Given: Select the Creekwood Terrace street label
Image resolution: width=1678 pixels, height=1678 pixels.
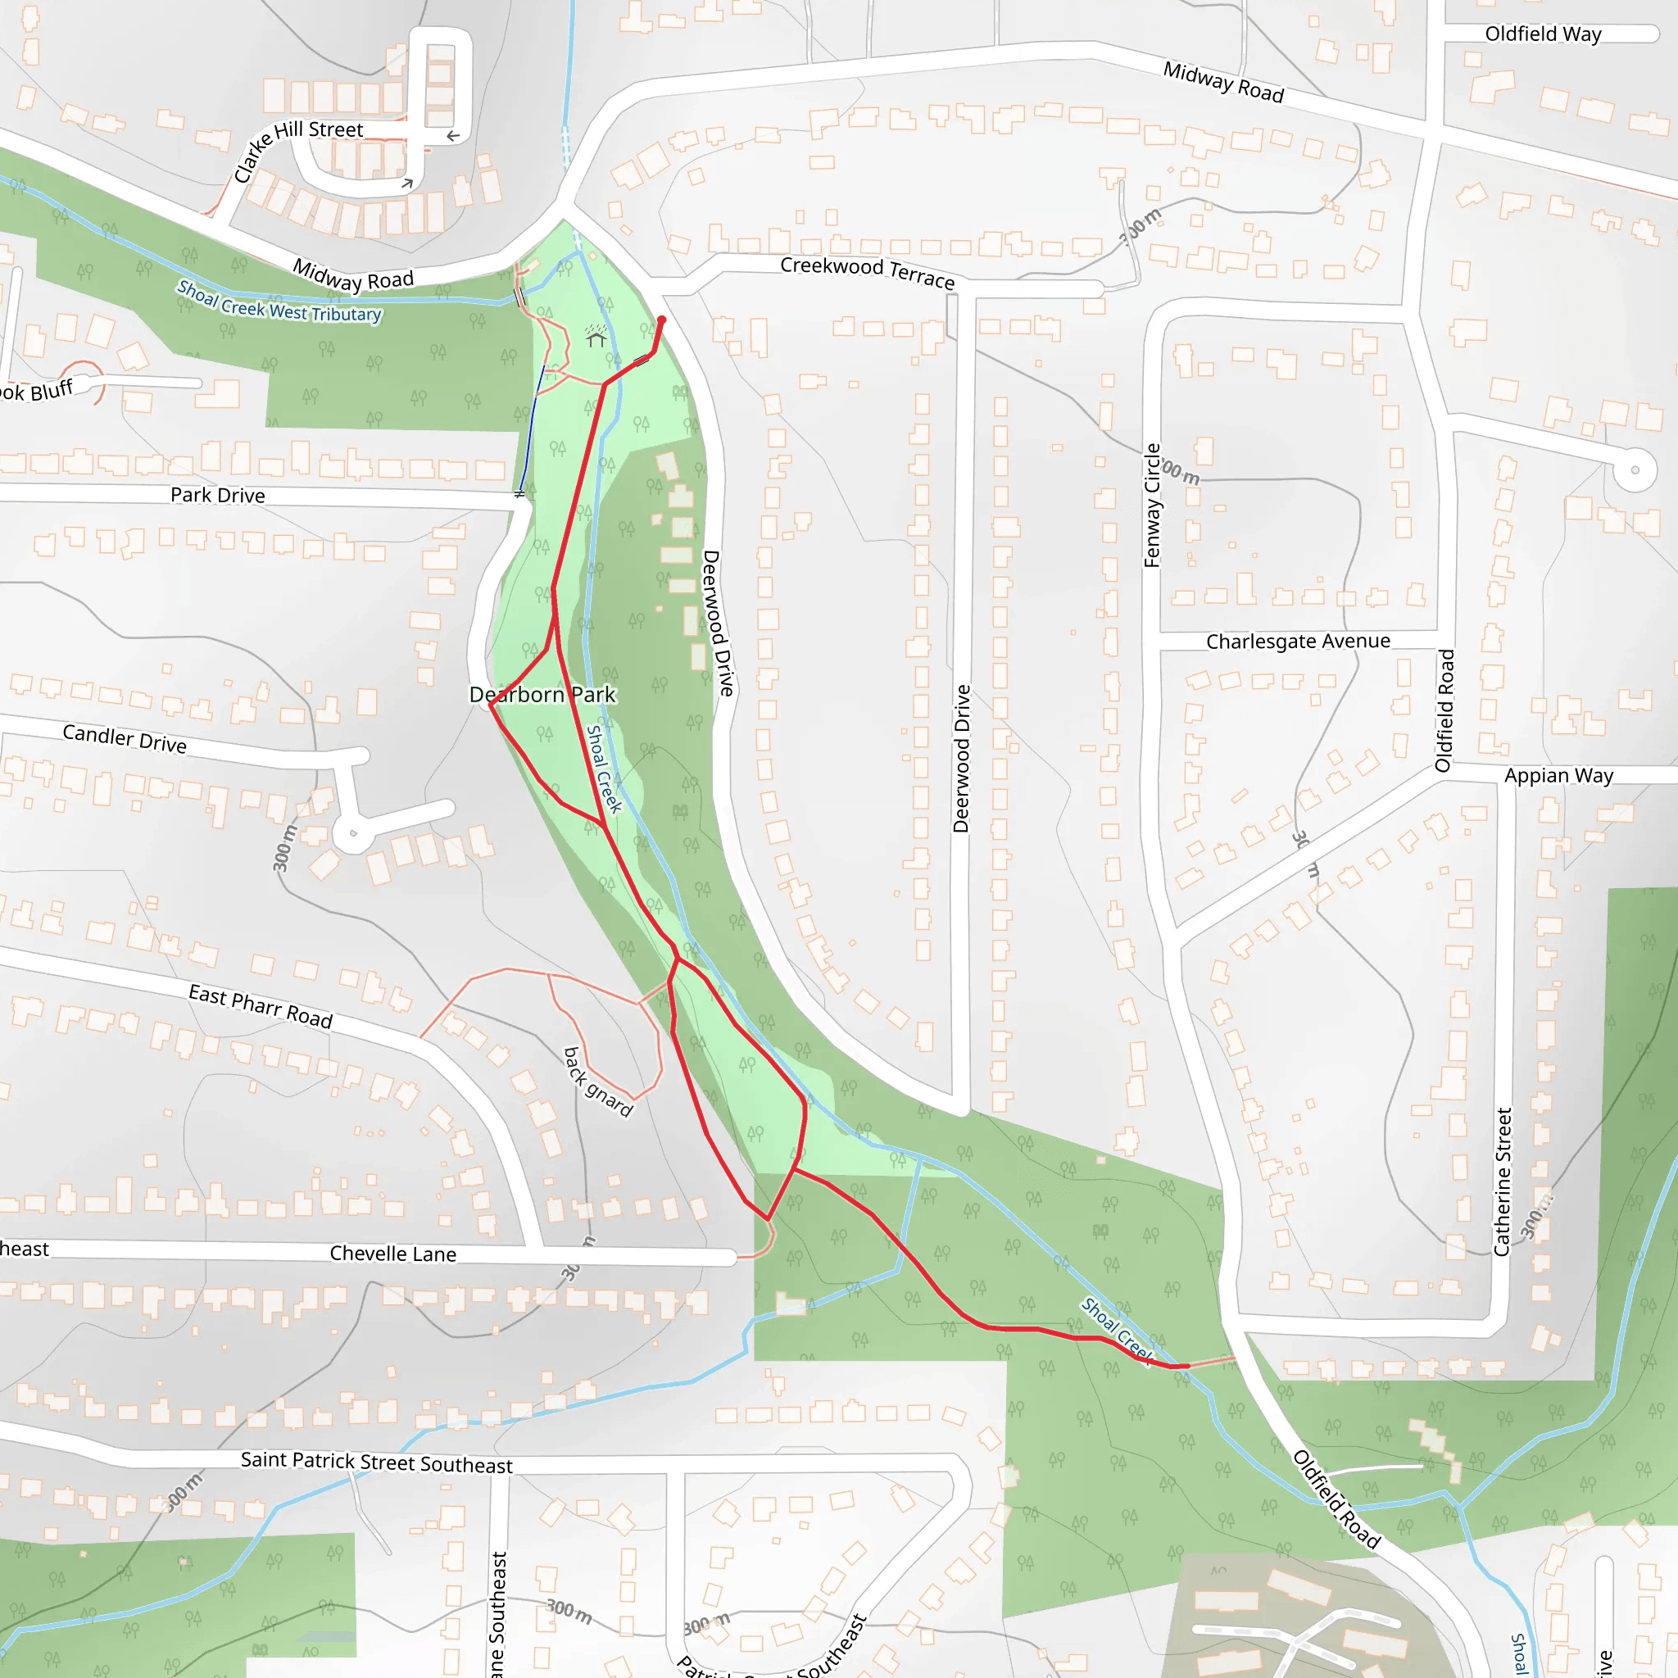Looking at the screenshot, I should (867, 272).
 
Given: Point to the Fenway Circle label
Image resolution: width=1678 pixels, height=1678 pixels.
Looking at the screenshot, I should (1152, 506).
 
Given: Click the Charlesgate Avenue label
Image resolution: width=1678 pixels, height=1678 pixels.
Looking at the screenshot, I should (1298, 642).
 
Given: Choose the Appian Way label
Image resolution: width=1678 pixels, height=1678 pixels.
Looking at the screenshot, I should (1558, 776).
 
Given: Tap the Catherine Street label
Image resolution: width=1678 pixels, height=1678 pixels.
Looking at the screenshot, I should (1503, 1181).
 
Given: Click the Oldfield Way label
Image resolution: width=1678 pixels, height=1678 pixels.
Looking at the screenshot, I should (1543, 34).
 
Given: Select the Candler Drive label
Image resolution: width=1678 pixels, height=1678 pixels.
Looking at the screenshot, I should (125, 739).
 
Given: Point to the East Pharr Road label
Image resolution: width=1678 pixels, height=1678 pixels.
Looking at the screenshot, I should (261, 1006).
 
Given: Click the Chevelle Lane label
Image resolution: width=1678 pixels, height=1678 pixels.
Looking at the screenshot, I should (392, 1254).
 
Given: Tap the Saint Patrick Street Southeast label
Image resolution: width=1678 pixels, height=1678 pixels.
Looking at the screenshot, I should (376, 1463).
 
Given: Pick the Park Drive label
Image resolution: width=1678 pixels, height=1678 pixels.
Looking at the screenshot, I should (217, 495).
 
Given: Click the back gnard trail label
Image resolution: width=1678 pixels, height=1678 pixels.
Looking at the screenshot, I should (597, 1082).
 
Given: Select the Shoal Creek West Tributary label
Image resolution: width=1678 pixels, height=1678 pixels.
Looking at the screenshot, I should (279, 302).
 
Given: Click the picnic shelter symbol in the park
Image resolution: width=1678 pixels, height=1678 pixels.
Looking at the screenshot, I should (596, 336).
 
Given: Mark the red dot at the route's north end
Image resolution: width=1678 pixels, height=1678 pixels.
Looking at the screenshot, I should (661, 320).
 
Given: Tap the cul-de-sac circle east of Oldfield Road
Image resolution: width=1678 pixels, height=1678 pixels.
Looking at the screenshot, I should (1635, 469).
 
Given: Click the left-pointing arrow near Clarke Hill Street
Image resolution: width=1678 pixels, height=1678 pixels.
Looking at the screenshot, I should (452, 136).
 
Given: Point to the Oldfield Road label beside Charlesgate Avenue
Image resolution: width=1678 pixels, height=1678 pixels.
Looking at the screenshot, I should (1444, 710).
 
